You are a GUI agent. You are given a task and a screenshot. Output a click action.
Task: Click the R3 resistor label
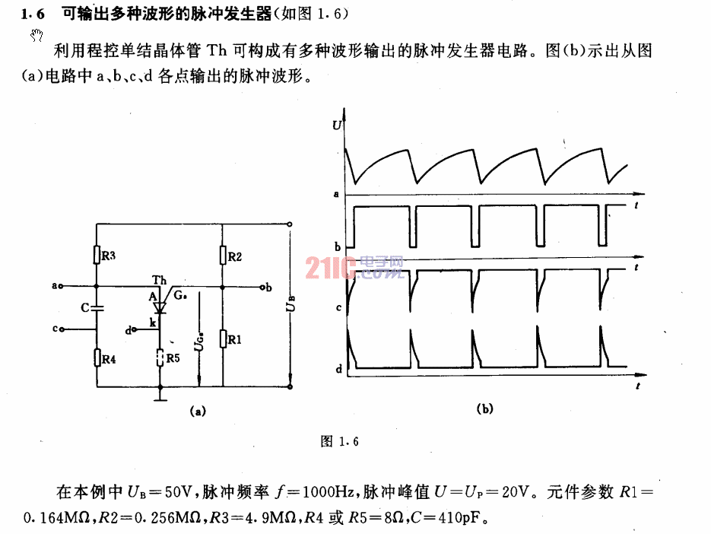109,256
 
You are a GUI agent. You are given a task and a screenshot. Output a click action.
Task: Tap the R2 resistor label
234,257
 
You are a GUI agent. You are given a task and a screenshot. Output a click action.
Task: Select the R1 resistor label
234,339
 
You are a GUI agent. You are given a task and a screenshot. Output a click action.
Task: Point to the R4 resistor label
109,359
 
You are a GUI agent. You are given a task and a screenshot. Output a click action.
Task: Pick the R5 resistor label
173,358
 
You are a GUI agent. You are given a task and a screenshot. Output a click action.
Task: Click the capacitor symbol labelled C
97,308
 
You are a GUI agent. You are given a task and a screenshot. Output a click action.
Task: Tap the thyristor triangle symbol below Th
159,307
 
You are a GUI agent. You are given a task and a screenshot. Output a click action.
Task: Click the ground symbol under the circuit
160,399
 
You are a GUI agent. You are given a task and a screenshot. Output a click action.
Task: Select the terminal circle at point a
61,286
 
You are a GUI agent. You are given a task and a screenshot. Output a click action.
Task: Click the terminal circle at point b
262,288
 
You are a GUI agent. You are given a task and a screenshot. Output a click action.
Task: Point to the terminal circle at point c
62,329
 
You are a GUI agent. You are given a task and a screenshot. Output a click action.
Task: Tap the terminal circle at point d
134,330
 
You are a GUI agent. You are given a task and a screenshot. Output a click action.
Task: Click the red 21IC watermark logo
354,268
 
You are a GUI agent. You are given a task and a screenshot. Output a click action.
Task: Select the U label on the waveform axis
336,125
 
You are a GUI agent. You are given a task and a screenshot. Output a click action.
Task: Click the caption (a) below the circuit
198,411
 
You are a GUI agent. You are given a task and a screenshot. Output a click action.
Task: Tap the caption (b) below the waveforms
484,408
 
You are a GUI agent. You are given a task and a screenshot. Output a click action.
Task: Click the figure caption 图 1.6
340,441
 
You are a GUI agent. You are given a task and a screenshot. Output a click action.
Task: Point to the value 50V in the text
180,491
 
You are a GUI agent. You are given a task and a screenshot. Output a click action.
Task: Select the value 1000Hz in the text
329,491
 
